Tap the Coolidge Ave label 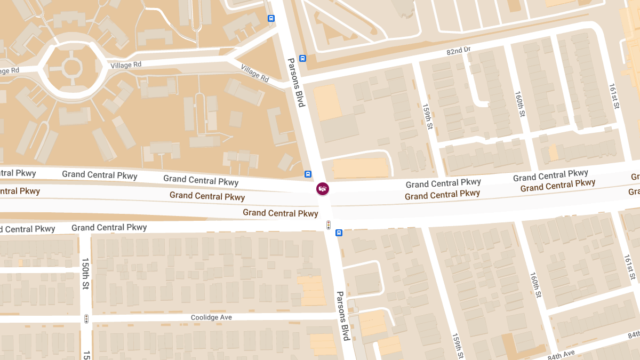coord(211,317)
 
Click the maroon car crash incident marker coord(322,188)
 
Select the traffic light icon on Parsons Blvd coord(329,225)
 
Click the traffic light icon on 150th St coord(86,319)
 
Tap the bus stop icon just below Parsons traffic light coord(339,233)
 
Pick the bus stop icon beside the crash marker coord(308,174)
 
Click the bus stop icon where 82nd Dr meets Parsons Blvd coord(302,59)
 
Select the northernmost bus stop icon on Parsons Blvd coord(271,19)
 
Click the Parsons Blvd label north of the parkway coord(295,82)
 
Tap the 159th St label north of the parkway coord(427,116)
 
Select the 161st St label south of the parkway coord(630,267)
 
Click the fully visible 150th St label coord(85,274)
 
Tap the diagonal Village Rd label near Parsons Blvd coord(254,73)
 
